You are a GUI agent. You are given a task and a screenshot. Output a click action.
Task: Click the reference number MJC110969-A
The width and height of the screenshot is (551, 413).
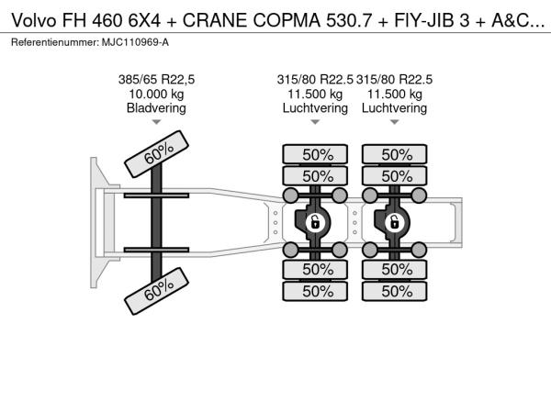[x=135, y=42]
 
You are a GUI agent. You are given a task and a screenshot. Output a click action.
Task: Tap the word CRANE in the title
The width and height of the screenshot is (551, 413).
[x=214, y=21]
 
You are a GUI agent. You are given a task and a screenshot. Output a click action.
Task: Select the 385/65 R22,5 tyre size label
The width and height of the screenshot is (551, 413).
[x=156, y=80]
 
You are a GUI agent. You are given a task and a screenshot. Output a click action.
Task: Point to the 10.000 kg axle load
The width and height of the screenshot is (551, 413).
[x=156, y=95]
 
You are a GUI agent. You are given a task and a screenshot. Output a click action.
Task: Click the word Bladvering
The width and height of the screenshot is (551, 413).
[x=156, y=107]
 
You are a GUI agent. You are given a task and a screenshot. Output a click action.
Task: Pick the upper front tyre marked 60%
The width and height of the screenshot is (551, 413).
[x=157, y=154]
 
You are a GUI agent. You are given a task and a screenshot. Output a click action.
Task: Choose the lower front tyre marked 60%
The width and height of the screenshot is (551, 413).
[x=157, y=291]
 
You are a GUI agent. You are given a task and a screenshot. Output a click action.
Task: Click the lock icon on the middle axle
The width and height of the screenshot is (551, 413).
[x=315, y=223]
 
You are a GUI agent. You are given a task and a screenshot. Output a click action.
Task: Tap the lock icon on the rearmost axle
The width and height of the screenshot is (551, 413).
[x=394, y=223]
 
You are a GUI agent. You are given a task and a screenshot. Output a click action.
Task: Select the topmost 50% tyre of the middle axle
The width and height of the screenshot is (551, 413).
[x=315, y=154]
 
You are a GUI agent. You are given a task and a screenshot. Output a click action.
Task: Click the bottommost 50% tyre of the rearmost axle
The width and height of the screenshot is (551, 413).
[x=395, y=291]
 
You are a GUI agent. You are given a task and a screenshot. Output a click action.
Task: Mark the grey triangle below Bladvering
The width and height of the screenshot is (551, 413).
[x=156, y=122]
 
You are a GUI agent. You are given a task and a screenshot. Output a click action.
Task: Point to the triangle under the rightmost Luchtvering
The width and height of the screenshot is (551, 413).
[x=395, y=122]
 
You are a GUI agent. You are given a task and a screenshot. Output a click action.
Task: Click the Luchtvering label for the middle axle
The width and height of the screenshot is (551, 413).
[x=315, y=107]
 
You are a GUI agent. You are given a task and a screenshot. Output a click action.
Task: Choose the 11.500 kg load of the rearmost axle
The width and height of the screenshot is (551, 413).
[x=395, y=95]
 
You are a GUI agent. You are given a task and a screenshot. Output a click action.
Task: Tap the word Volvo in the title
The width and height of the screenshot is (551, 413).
[x=34, y=21]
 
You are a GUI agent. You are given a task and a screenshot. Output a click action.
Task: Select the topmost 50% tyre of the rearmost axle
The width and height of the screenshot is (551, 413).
[x=395, y=154]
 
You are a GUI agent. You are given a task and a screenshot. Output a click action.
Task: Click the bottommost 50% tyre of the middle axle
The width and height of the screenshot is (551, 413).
[x=315, y=291]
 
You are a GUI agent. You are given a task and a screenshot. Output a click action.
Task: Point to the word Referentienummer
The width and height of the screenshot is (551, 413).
[x=55, y=42]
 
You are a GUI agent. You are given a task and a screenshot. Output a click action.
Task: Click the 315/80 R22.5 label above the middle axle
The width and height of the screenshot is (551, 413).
[x=315, y=80]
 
